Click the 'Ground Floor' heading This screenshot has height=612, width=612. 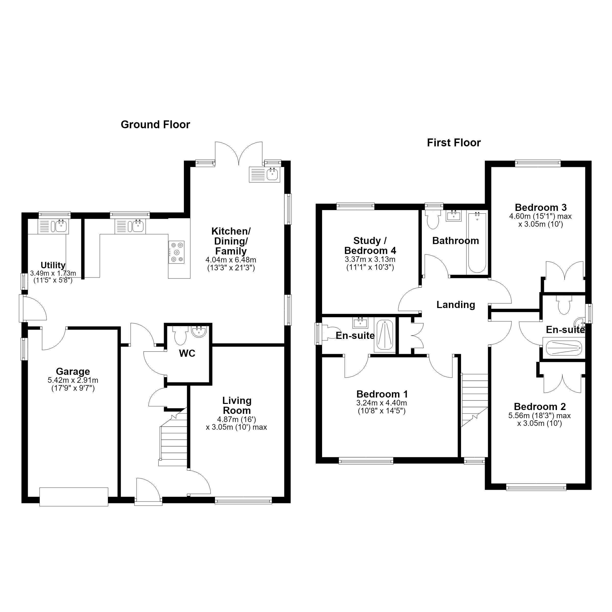coord(155,125)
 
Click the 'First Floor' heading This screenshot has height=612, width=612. coord(454,143)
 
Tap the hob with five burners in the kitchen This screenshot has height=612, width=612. coord(176,252)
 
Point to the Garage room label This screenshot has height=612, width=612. coord(73,371)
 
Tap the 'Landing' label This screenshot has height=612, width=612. coord(455,305)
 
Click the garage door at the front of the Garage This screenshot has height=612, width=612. coord(74,497)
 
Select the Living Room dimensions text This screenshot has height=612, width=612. coord(236,423)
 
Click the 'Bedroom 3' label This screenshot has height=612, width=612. coord(540,208)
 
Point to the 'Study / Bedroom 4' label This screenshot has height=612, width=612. coord(370,246)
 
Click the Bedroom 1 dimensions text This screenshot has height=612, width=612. coord(381,407)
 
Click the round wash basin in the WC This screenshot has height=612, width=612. coord(199,331)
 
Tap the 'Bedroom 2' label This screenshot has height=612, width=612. coord(540,407)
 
